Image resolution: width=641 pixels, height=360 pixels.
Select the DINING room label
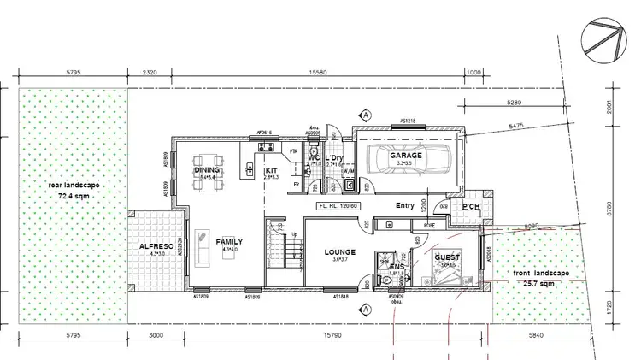tap(206, 170)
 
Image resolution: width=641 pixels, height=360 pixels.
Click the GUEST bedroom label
tap(447, 257)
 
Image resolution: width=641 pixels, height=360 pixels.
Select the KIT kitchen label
tap(272, 170)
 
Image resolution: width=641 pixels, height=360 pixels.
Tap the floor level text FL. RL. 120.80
tap(336, 205)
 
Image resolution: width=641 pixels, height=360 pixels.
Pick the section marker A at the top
tap(365, 114)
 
